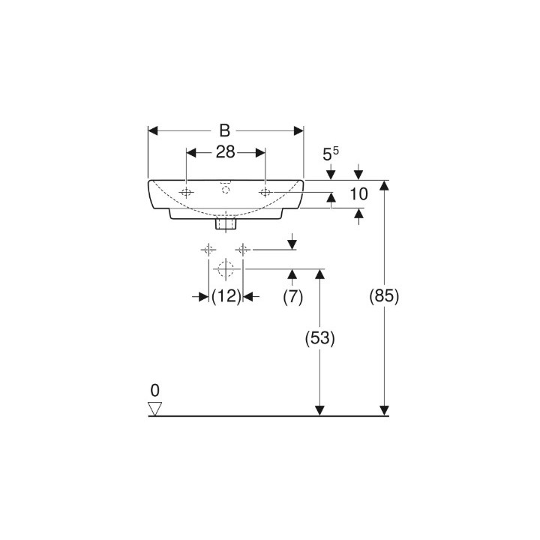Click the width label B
225,130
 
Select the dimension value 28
226,151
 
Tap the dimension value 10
358,194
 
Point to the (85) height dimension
384,296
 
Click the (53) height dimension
320,338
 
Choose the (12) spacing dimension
226,296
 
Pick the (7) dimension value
292,296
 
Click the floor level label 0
155,391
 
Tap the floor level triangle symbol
155,409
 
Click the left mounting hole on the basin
186,193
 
